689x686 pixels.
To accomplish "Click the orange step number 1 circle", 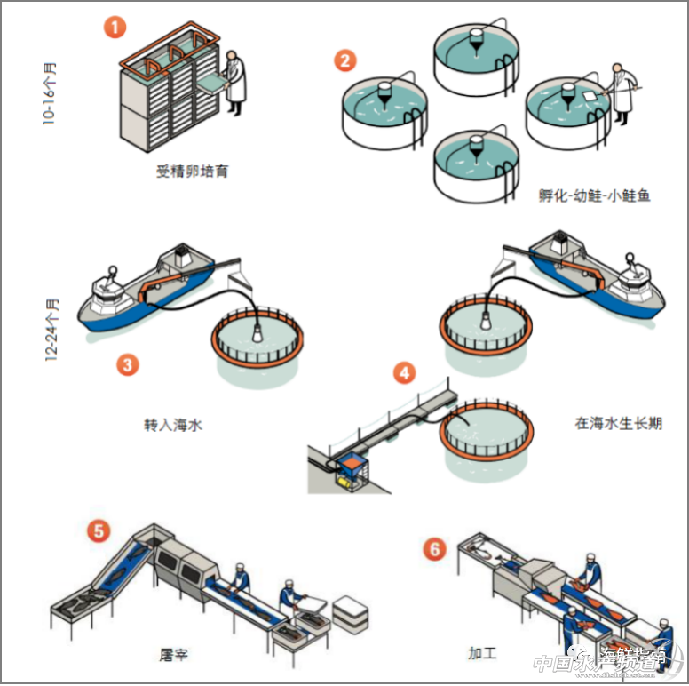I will (x=115, y=25).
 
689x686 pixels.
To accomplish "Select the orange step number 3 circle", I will (x=129, y=364).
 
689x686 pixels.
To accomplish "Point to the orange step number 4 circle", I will (x=405, y=372).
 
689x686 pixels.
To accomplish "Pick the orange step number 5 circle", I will (x=99, y=531).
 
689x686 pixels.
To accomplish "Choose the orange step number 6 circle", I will (x=434, y=548).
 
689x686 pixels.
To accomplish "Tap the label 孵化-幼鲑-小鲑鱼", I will (x=594, y=195).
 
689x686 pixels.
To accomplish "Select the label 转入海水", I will (x=173, y=424).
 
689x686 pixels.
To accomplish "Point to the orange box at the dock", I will (x=352, y=465).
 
